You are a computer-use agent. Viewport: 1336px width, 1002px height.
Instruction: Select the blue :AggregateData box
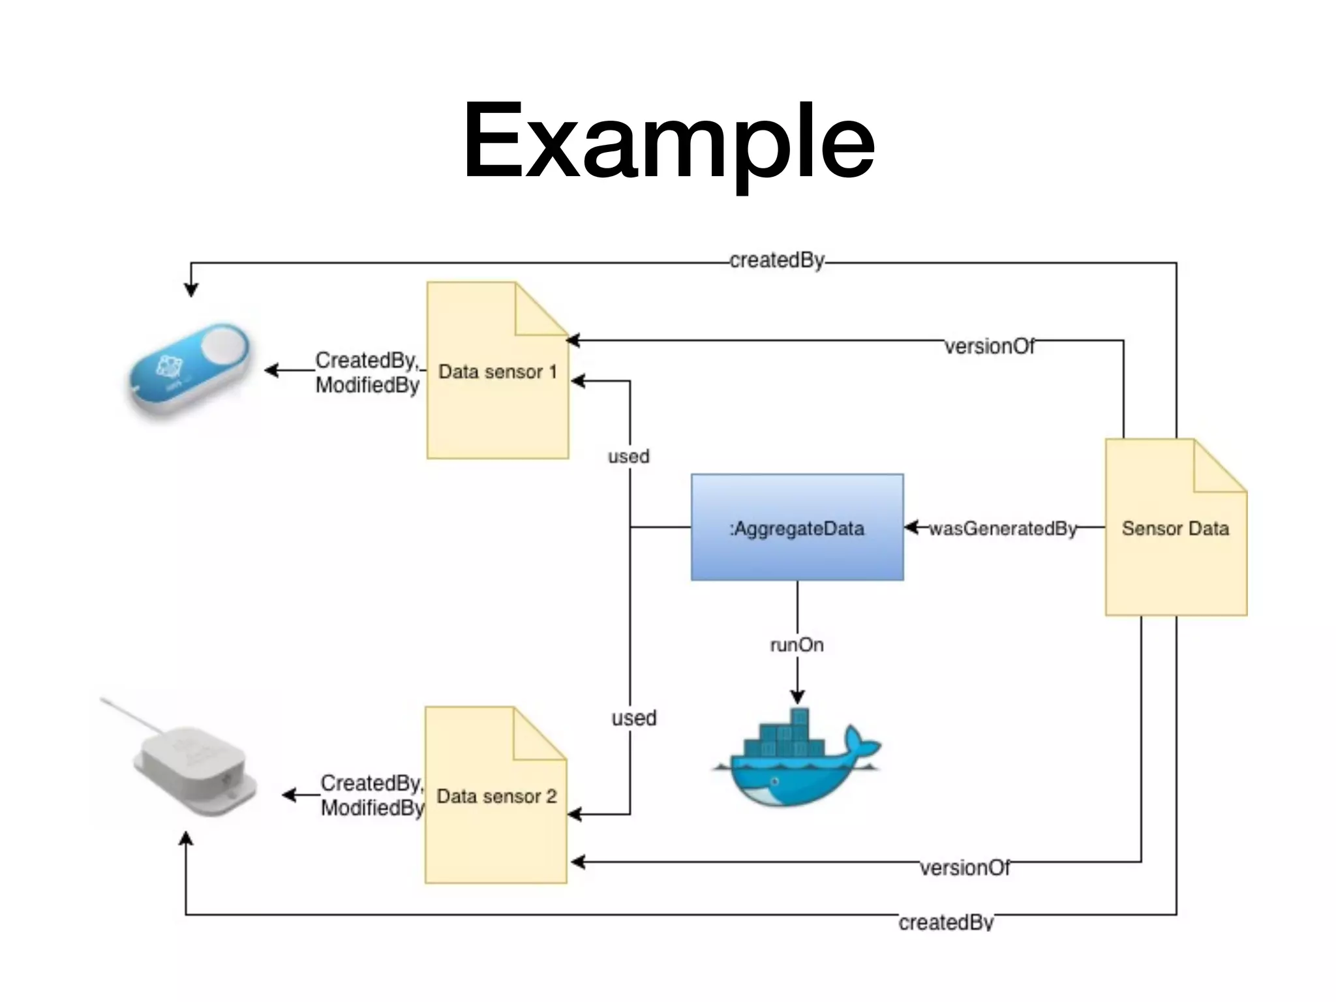(x=797, y=527)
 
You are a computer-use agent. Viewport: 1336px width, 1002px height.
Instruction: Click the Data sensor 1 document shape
(x=498, y=371)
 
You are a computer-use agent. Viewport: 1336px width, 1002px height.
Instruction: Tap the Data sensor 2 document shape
(x=496, y=795)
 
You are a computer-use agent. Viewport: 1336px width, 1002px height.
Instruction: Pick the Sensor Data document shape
(x=1176, y=527)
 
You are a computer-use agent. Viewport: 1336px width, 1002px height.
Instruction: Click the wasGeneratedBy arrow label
(x=1003, y=528)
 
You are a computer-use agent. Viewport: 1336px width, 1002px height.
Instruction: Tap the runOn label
(x=797, y=645)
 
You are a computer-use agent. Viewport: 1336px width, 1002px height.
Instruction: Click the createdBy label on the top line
(x=777, y=260)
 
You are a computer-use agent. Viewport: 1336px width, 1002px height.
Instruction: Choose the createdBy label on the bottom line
(x=946, y=922)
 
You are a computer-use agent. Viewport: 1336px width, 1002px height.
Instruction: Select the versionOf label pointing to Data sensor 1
(x=990, y=346)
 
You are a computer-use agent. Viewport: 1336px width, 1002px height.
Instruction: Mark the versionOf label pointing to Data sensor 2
(x=965, y=868)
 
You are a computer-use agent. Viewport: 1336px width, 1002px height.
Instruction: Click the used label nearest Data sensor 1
(x=629, y=457)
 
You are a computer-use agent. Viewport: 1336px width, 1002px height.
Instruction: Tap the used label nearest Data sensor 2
(x=634, y=718)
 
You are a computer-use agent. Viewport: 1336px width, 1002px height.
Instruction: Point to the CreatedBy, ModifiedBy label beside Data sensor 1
(x=367, y=372)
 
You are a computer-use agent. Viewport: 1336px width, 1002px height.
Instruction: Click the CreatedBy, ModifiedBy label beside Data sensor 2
(x=372, y=795)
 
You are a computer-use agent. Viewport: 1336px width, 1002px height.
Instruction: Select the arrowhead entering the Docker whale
(x=797, y=697)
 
